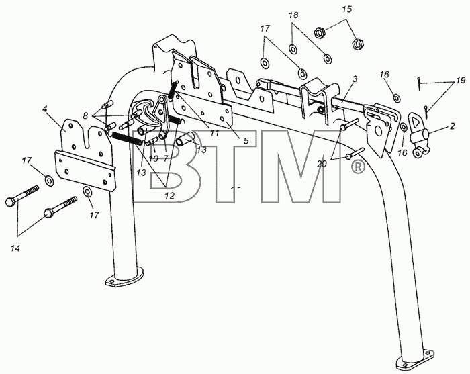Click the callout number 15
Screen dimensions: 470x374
347,9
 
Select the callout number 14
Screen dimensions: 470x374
15,248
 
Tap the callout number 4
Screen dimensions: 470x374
45,109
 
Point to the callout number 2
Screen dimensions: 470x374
452,126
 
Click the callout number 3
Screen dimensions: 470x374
355,79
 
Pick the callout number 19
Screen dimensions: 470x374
461,81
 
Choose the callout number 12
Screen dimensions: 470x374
169,196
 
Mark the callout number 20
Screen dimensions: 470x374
322,164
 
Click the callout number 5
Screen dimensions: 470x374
246,140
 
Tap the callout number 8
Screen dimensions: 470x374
86,115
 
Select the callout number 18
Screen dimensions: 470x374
293,15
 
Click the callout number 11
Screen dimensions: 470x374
215,133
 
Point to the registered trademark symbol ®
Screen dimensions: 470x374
358,167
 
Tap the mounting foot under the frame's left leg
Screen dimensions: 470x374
124,278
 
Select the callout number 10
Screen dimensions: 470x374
153,158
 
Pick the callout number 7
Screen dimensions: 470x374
166,158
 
